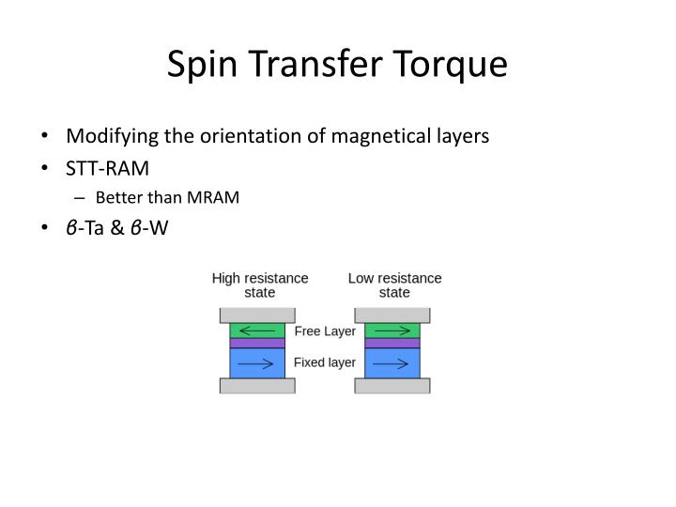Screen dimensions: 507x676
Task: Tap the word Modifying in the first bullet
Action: click(110, 136)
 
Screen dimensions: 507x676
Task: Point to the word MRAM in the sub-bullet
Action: click(212, 197)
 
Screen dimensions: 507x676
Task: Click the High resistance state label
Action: click(260, 285)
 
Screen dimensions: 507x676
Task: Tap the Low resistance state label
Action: click(394, 285)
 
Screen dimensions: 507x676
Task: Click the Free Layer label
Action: click(325, 331)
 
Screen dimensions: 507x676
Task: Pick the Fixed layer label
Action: click(325, 362)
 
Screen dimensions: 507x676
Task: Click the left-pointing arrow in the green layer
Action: click(257, 330)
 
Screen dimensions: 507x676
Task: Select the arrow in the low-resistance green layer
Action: click(392, 330)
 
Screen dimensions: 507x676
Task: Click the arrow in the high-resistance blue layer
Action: click(257, 363)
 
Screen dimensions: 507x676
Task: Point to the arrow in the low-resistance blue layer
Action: click(392, 363)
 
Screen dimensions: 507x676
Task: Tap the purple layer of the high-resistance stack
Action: click(257, 344)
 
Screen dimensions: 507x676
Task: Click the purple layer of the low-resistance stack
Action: click(392, 344)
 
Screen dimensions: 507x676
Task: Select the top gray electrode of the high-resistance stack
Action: click(257, 315)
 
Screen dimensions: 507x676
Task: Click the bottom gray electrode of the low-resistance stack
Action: click(392, 385)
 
